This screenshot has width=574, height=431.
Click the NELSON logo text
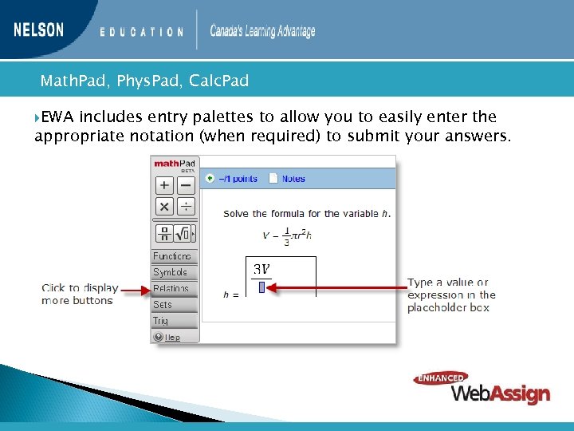click(x=38, y=30)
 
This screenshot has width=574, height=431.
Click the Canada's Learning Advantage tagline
click(x=262, y=32)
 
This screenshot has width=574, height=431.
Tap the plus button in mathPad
click(x=163, y=185)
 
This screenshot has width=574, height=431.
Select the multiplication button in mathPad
click(x=163, y=207)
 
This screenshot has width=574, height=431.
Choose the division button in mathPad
click(x=185, y=207)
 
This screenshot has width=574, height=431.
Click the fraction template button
click(x=164, y=234)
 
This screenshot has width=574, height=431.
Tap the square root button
click(x=183, y=234)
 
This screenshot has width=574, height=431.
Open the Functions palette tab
click(x=173, y=256)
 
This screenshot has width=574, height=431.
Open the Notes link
click(x=293, y=179)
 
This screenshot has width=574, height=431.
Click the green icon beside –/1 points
click(x=210, y=179)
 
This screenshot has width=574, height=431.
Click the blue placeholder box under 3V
click(x=261, y=287)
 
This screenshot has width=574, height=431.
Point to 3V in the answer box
click(x=261, y=269)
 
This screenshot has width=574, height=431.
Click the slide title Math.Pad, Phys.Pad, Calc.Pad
click(x=144, y=81)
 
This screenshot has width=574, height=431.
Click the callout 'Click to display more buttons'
click(x=80, y=294)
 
